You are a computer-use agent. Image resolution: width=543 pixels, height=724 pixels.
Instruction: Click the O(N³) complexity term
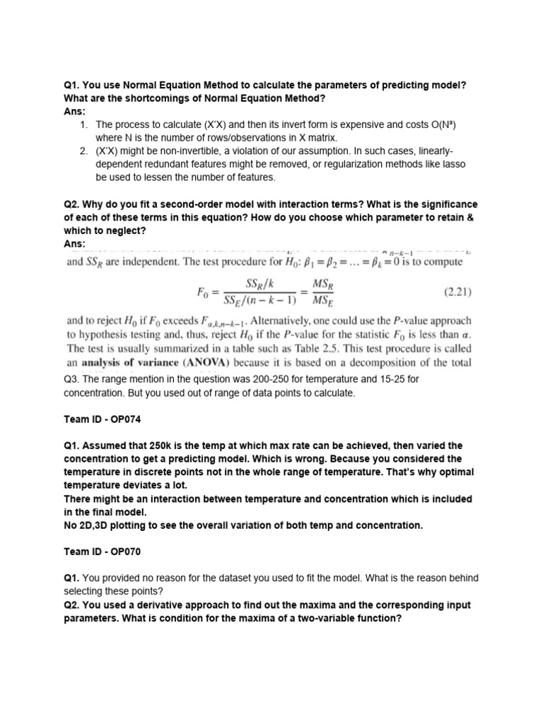441,125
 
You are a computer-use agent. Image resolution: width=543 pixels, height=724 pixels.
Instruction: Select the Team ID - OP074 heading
103,419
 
